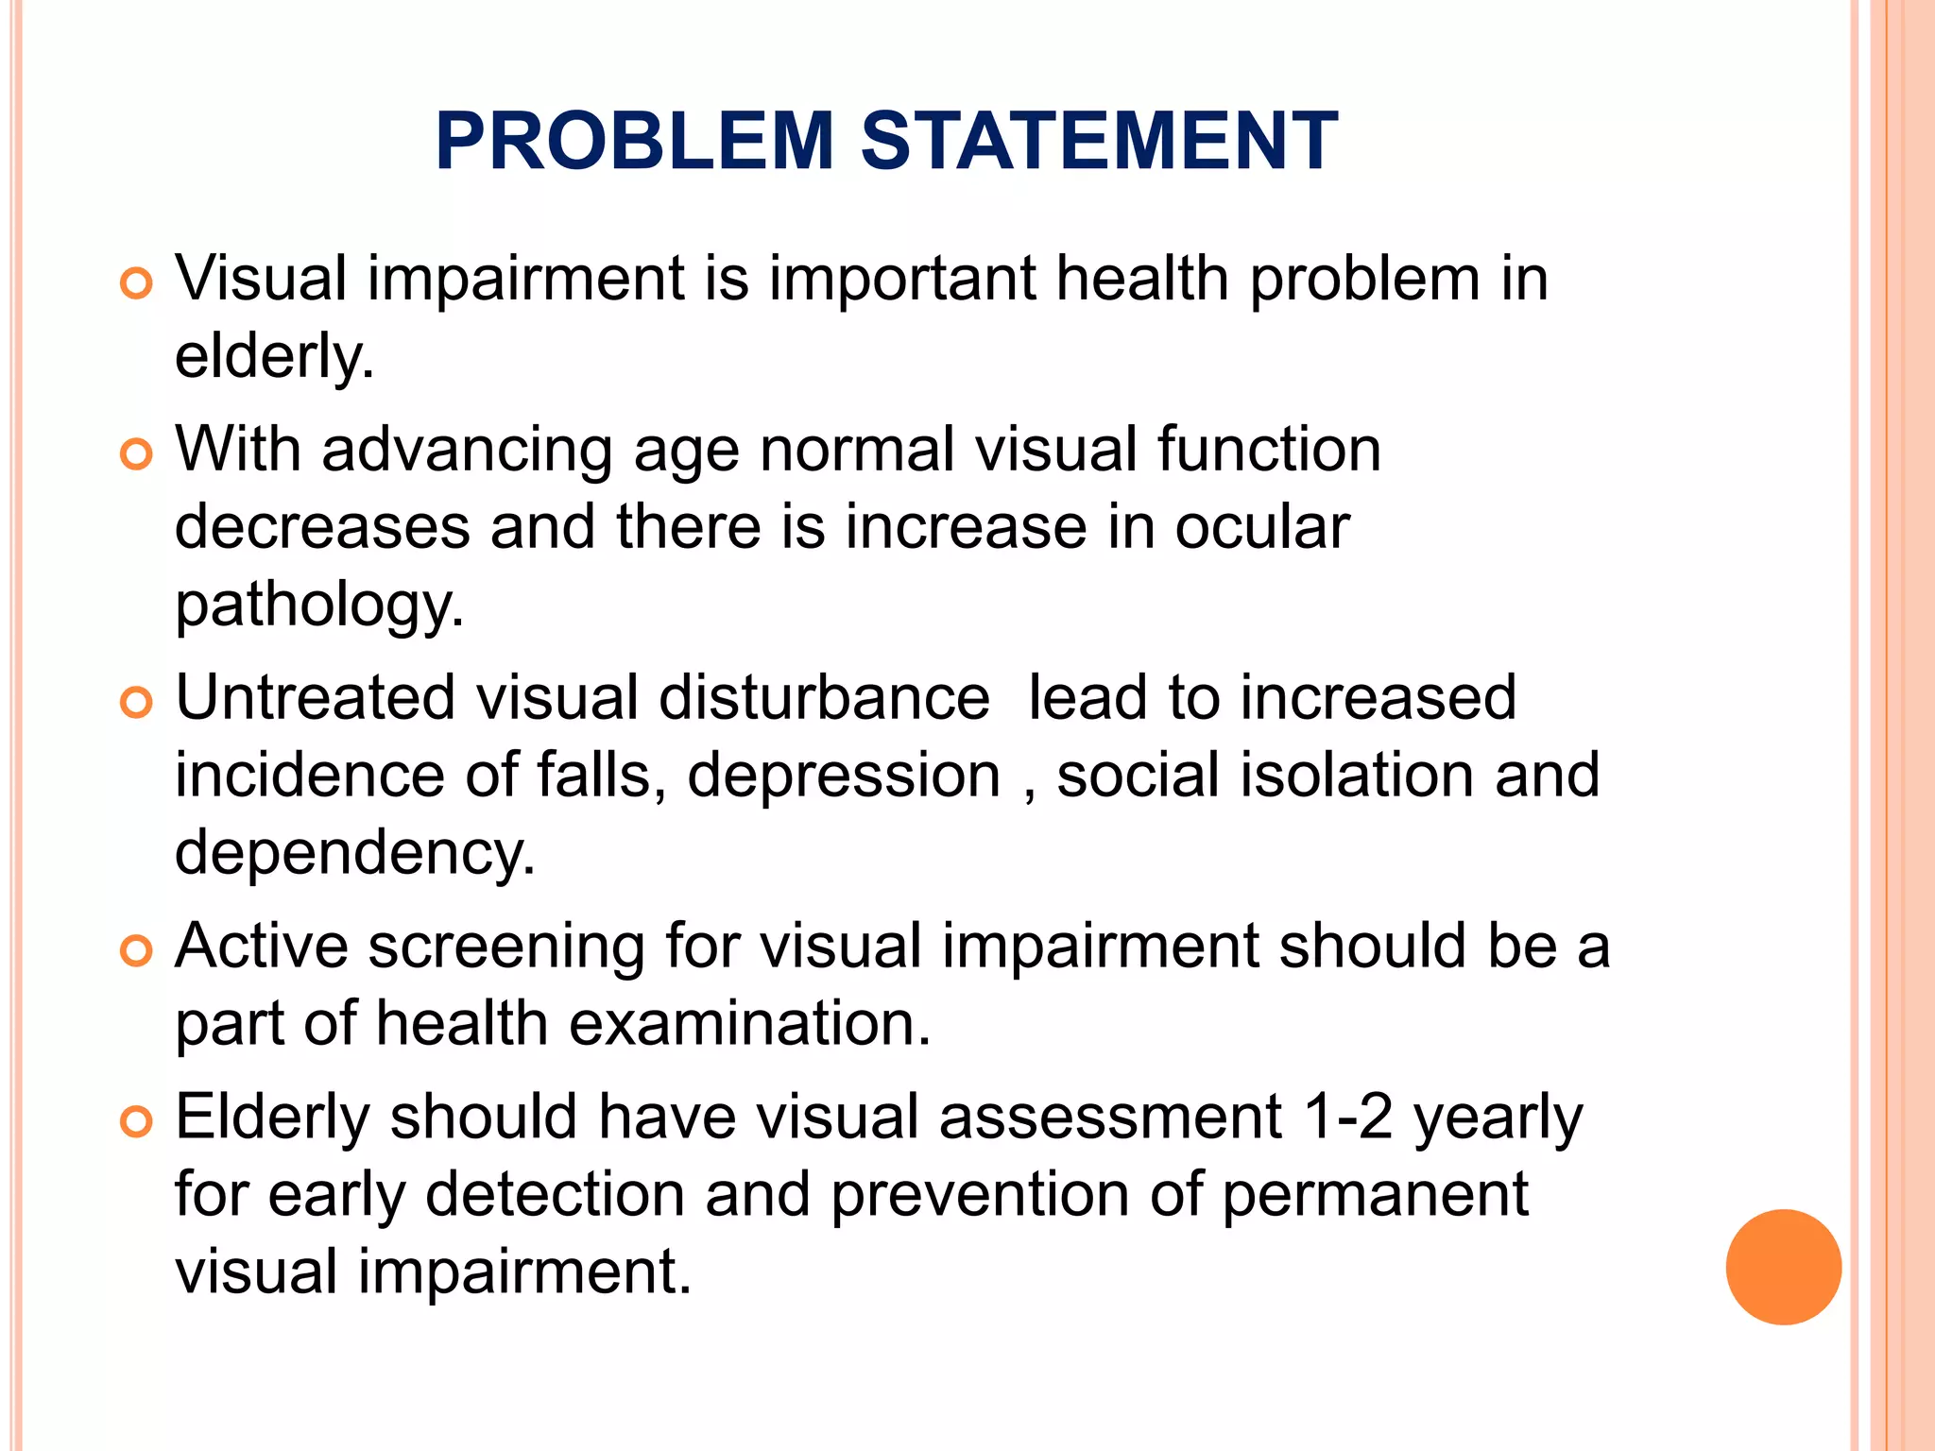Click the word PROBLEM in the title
pyautogui.click(x=634, y=142)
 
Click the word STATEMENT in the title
pyautogui.click(x=1099, y=142)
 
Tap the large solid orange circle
pyautogui.click(x=1783, y=1267)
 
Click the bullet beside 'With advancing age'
pyautogui.click(x=137, y=454)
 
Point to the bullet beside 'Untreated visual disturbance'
pyautogui.click(x=137, y=703)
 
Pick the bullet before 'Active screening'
pyautogui.click(x=137, y=950)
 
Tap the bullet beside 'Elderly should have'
pyautogui.click(x=137, y=1122)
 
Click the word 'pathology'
pyautogui.click(x=318, y=606)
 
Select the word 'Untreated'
pyautogui.click(x=316, y=698)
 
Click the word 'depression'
pyautogui.click(x=843, y=776)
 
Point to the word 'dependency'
pyautogui.click(x=353, y=853)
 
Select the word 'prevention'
pyautogui.click(x=980, y=1195)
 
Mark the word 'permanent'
pyautogui.click(x=1375, y=1195)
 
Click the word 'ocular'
pyautogui.click(x=1261, y=527)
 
